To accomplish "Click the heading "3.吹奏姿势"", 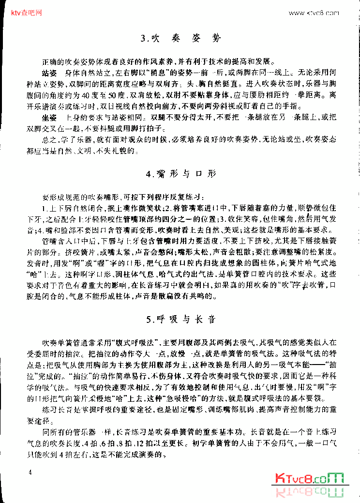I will (180, 38).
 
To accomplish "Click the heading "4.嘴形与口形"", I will (180, 173).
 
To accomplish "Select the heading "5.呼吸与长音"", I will (180, 319).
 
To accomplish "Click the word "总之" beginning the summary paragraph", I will (49, 140).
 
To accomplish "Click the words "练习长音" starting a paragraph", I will (58, 411).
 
